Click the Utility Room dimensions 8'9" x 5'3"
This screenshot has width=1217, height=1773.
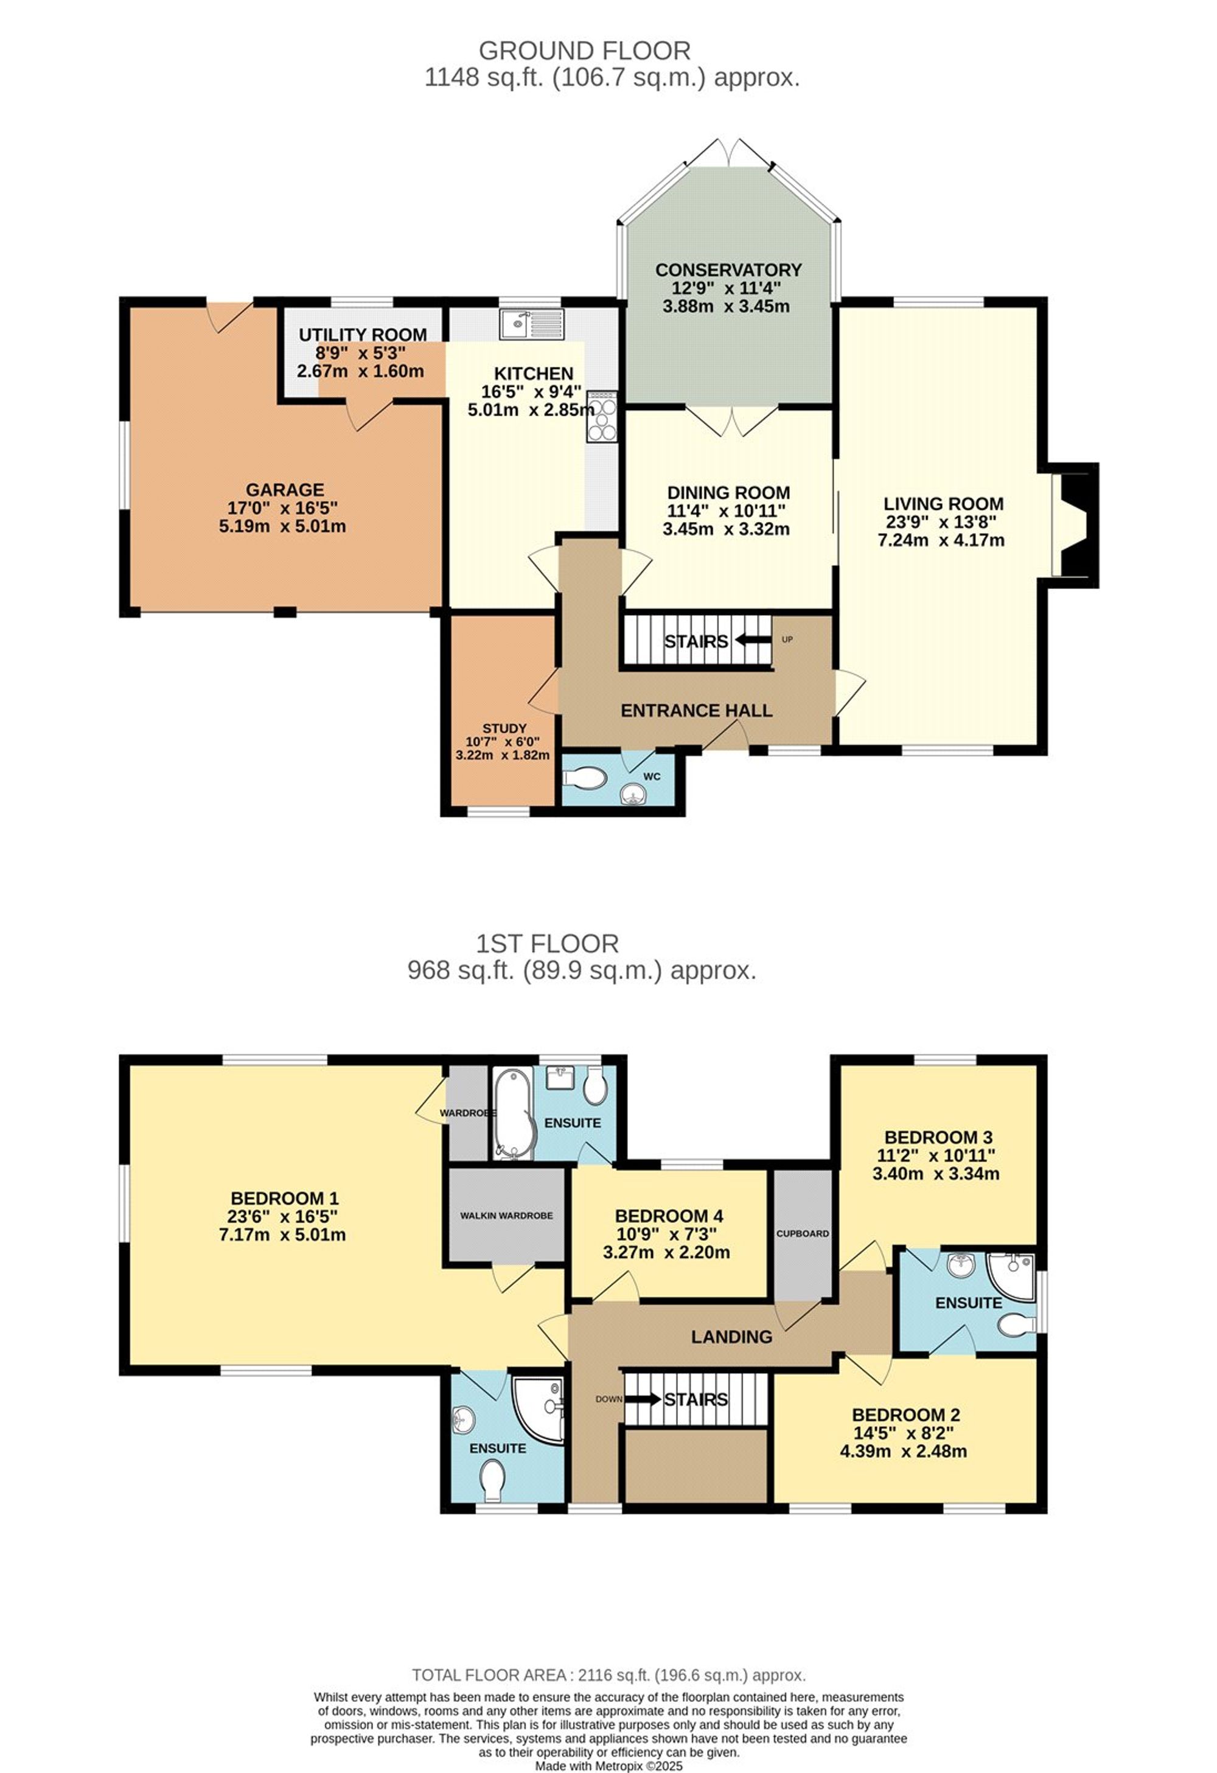[361, 354]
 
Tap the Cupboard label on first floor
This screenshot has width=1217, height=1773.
[802, 1234]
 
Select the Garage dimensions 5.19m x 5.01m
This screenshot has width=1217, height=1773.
[282, 526]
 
